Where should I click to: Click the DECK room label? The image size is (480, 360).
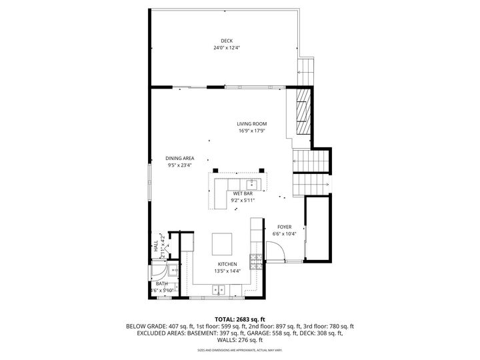point(227,41)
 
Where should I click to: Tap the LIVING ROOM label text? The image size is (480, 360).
point(252,124)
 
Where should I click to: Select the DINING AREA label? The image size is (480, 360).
point(179,158)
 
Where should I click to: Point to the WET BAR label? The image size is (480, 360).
point(242,193)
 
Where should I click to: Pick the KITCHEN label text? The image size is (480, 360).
point(227,265)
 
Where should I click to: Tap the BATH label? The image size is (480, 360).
point(162,283)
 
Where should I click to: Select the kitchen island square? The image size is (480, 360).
point(223,244)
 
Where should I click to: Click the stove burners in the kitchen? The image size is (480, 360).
point(255,260)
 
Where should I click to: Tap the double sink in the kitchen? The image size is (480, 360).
point(218,290)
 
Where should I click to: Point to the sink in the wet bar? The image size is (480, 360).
point(253,183)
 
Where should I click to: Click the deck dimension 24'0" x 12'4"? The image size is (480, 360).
point(227,48)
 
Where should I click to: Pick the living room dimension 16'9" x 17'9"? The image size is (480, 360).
point(252,131)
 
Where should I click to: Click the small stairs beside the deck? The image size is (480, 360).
point(306,69)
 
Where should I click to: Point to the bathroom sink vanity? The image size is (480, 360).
point(172,270)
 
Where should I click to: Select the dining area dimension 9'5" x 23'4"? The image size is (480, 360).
point(179,165)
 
